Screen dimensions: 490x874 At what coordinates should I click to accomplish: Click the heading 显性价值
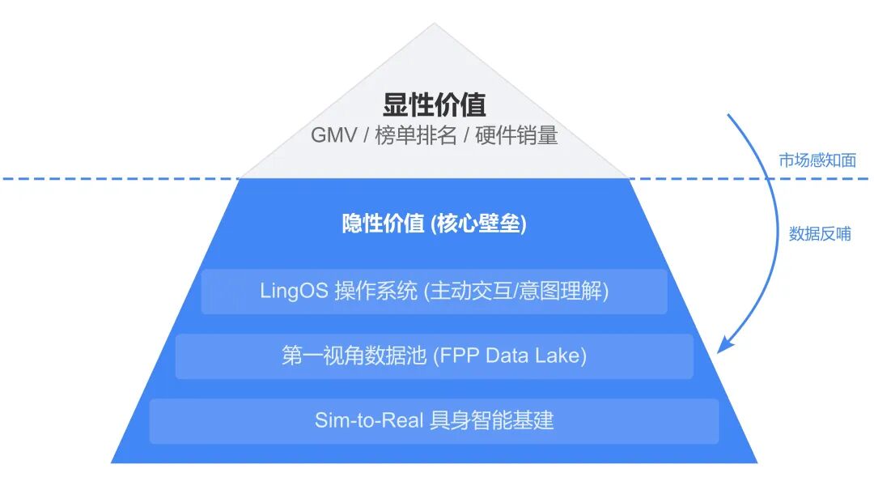pos(434,105)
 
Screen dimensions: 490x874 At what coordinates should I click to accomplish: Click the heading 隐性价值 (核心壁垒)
pos(434,224)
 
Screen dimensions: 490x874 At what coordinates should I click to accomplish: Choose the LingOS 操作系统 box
pos(434,292)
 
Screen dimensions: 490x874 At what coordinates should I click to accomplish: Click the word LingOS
pos(294,292)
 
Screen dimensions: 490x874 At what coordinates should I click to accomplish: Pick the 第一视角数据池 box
pos(434,356)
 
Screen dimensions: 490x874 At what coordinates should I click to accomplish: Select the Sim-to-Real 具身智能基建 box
pos(434,420)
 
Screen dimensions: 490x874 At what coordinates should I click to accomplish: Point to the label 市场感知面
pos(817,160)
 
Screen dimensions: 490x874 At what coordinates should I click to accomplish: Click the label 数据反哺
pos(820,234)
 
